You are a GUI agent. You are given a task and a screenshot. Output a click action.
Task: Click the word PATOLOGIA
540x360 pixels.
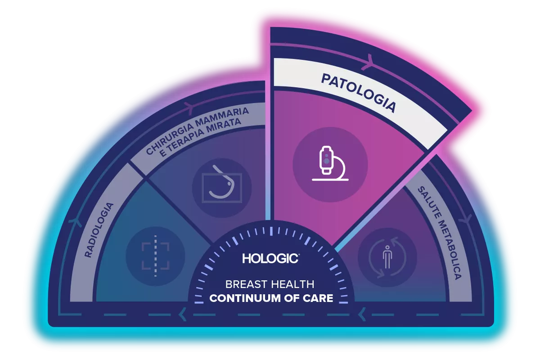(x=359, y=93)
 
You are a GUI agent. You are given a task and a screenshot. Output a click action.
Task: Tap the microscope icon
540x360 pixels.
(x=330, y=163)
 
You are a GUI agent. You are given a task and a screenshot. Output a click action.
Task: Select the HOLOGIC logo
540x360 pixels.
(x=270, y=258)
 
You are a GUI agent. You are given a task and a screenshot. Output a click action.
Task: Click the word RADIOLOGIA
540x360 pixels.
(x=99, y=230)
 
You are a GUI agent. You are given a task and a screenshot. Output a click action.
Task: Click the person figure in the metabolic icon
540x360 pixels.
(x=387, y=257)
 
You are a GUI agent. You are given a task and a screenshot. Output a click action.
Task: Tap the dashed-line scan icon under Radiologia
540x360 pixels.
(x=155, y=256)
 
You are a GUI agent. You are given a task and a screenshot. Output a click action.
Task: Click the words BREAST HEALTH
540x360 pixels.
(x=270, y=284)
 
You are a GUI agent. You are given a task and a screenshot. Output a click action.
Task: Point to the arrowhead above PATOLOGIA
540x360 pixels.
(x=369, y=62)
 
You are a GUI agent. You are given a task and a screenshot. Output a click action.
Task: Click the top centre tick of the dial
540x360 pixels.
(x=271, y=231)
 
